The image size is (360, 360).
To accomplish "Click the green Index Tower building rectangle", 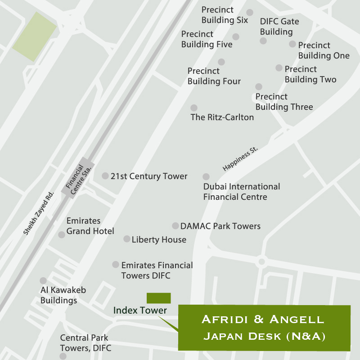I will [158, 298].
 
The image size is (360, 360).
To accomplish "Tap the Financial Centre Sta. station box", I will [77, 178].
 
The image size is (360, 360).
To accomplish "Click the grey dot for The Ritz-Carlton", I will [194, 108].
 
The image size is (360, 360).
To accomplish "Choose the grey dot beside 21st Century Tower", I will [105, 176].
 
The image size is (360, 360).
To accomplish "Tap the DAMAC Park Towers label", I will [220, 226].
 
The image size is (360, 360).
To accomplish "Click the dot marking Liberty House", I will [127, 239].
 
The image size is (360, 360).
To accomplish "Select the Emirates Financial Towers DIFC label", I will [157, 270].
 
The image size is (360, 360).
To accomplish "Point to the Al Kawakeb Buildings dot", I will [43, 281].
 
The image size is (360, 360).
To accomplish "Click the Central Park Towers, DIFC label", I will [85, 343].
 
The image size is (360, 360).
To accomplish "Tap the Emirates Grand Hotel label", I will [90, 226].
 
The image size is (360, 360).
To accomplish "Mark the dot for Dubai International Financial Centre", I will [206, 177].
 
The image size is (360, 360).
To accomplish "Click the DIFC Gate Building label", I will [279, 27].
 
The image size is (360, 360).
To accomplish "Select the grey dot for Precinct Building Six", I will [250, 13].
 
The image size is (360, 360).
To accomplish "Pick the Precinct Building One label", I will [324, 50].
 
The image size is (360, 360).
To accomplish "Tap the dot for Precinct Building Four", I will [221, 62].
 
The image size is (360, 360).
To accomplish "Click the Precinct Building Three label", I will [284, 102].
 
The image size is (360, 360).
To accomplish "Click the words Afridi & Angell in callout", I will [263, 320].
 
